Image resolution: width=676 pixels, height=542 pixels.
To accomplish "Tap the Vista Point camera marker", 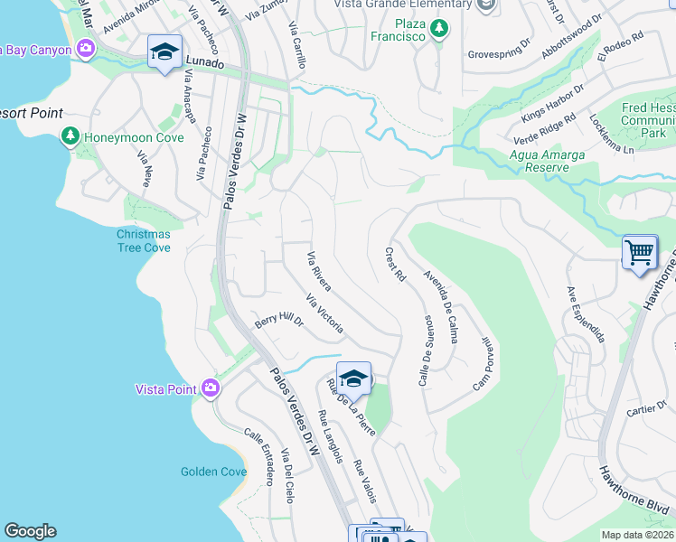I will [x=211, y=388].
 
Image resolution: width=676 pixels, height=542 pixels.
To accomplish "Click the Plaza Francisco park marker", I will [x=439, y=30].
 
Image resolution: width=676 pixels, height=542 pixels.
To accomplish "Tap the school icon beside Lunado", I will [x=164, y=53].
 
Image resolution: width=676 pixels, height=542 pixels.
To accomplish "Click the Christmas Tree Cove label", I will [x=143, y=241].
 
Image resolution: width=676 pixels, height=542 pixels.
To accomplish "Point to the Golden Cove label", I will [x=213, y=472].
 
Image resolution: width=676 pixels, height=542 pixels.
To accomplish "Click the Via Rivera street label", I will [x=319, y=272].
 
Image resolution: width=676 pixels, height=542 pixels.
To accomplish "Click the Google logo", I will [x=30, y=531].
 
